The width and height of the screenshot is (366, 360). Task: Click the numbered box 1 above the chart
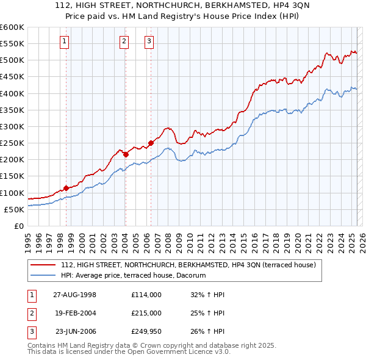(65, 41)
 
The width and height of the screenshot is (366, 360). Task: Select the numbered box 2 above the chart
(124, 41)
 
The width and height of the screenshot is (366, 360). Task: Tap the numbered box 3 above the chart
(149, 41)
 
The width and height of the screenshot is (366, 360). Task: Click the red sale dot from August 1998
(66, 189)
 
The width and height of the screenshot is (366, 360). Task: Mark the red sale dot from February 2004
(126, 154)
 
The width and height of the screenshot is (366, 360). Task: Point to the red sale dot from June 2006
(151, 143)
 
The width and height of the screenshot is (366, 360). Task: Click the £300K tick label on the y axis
(12, 126)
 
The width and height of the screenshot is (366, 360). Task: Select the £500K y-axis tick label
(12, 60)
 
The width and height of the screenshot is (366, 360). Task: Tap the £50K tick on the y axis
(15, 209)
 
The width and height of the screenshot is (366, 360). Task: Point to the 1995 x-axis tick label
(28, 237)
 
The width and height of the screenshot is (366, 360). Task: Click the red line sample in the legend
(43, 265)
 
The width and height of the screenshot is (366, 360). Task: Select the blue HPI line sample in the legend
(43, 276)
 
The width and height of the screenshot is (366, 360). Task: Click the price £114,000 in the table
(146, 295)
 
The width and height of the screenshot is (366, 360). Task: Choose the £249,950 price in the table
(146, 332)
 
